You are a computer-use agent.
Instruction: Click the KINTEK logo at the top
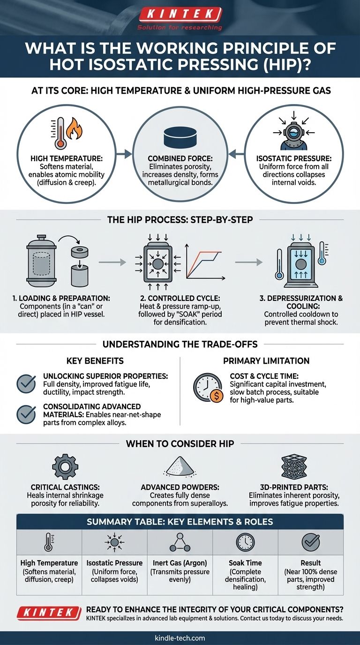[x=180, y=15]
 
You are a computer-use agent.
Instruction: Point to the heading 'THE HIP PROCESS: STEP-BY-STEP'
[x=180, y=220]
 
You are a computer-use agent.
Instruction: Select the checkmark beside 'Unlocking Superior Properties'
[x=26, y=384]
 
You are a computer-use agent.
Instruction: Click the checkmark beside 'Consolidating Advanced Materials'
[x=26, y=414]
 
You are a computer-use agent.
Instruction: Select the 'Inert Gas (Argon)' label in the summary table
[x=180, y=563]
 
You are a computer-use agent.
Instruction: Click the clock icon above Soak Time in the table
[x=245, y=542]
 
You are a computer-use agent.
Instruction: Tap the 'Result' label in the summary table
[x=310, y=563]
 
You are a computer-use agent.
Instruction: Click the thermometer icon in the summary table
[x=49, y=542]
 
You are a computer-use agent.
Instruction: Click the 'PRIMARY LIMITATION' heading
[x=266, y=361]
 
